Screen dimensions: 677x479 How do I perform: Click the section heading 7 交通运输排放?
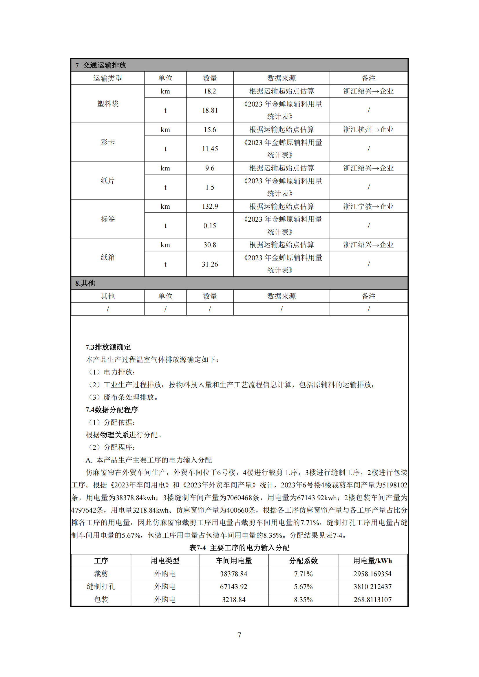click(x=100, y=65)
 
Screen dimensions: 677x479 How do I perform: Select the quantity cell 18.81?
click(x=210, y=110)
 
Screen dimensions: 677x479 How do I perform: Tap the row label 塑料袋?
click(x=108, y=104)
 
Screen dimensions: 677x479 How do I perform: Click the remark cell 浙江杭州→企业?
click(x=368, y=129)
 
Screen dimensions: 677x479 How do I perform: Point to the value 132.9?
click(x=210, y=206)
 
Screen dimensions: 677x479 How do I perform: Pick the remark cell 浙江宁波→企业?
click(x=368, y=206)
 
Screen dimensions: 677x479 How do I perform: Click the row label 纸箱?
click(x=108, y=257)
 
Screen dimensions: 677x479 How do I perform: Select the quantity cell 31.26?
click(x=210, y=264)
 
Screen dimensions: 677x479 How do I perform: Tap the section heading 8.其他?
click(x=85, y=283)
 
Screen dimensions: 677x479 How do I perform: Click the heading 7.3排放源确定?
click(x=108, y=347)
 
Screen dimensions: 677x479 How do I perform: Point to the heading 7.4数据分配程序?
click(x=111, y=410)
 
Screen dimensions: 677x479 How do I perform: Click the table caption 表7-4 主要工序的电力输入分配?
click(x=239, y=548)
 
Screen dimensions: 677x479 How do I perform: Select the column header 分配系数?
click(x=303, y=561)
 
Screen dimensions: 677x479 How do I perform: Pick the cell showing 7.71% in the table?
click(x=303, y=574)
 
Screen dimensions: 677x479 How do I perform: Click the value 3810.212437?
click(x=372, y=586)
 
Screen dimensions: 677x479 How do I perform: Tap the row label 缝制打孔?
click(x=101, y=586)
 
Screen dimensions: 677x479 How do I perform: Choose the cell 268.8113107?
click(x=372, y=599)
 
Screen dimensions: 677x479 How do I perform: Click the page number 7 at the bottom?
click(x=239, y=635)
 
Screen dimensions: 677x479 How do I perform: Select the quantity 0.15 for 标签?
click(x=210, y=225)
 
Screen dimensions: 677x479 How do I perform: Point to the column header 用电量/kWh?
click(x=372, y=561)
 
